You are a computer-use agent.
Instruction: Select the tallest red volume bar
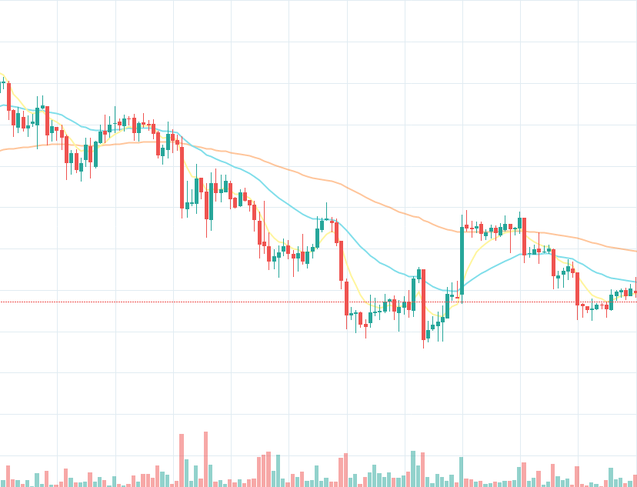click(205, 459)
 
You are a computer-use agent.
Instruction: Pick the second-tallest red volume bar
click(182, 460)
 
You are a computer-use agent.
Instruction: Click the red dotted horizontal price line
click(231, 302)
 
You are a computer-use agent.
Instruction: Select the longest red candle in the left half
click(182, 178)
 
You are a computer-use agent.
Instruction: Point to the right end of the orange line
click(635, 251)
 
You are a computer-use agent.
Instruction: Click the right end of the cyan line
click(635, 281)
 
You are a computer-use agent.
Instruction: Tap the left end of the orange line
click(2, 151)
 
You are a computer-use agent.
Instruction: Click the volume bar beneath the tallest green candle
click(462, 472)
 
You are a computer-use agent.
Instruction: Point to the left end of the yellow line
click(2, 75)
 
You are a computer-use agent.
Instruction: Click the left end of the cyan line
click(2, 105)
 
